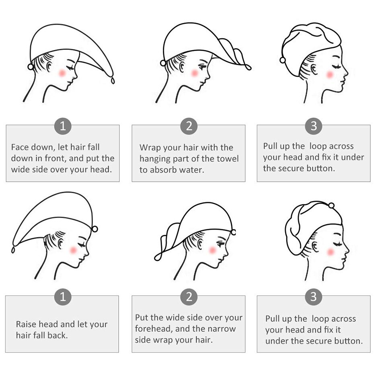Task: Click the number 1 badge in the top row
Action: pyautogui.click(x=63, y=126)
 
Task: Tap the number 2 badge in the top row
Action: pyautogui.click(x=189, y=126)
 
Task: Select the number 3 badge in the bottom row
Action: pyautogui.click(x=314, y=297)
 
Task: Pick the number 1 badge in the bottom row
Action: pyautogui.click(x=63, y=297)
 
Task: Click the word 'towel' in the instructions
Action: pyautogui.click(x=228, y=158)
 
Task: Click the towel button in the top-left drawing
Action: pyautogui.click(x=31, y=66)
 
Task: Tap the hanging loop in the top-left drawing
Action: pyautogui.click(x=113, y=80)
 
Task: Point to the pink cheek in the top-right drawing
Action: pyautogui.click(x=330, y=74)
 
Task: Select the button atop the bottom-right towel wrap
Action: pyautogui.click(x=331, y=206)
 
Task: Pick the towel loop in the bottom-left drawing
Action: pyautogui.click(x=13, y=250)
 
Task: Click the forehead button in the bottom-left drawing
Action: pyautogui.click(x=95, y=229)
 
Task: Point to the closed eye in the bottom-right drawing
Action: pyautogui.click(x=338, y=244)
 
